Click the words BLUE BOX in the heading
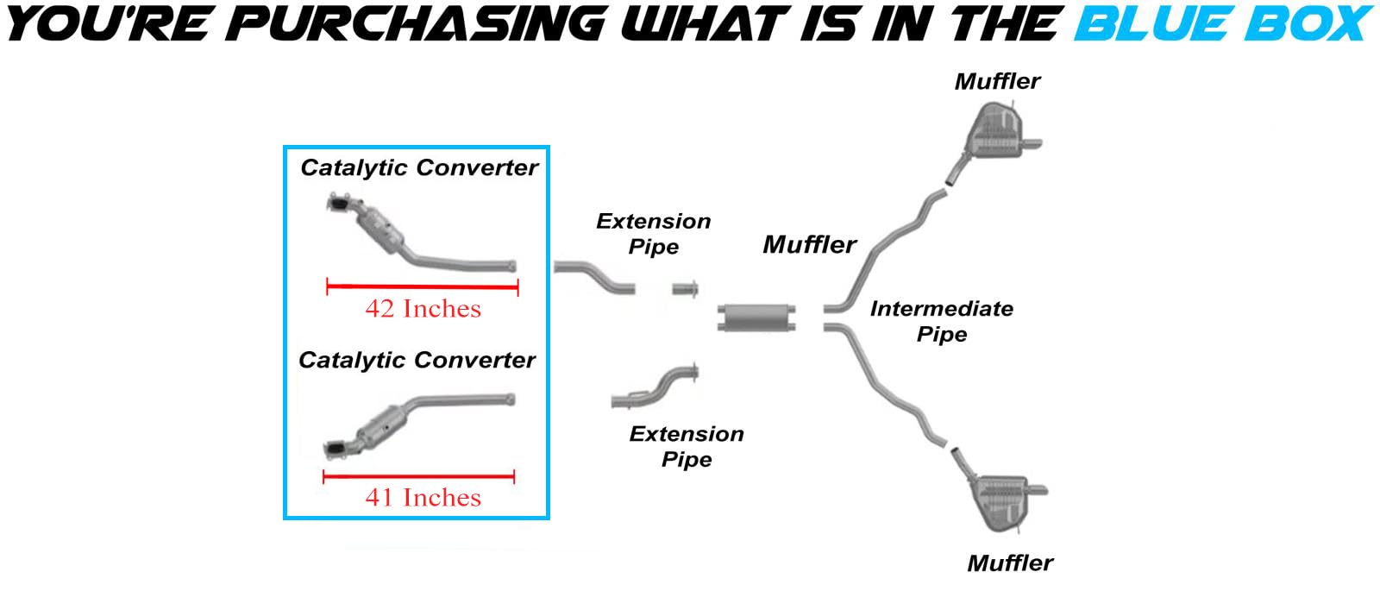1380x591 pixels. [x=1223, y=23]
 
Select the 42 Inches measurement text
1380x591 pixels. [x=423, y=309]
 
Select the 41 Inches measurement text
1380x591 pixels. [x=423, y=498]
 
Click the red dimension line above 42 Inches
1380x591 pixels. [x=422, y=287]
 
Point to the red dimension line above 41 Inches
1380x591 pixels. [x=418, y=476]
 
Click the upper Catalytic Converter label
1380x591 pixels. [x=419, y=167]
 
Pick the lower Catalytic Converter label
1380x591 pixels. [x=417, y=360]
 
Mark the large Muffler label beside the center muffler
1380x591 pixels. [x=809, y=245]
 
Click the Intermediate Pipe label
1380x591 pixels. [x=942, y=321]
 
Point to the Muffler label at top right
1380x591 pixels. [x=997, y=82]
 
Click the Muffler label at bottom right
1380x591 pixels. [x=1010, y=563]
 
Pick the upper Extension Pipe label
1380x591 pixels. [x=654, y=234]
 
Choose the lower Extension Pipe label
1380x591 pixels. [x=687, y=446]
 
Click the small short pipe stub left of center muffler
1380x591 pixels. [x=685, y=289]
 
